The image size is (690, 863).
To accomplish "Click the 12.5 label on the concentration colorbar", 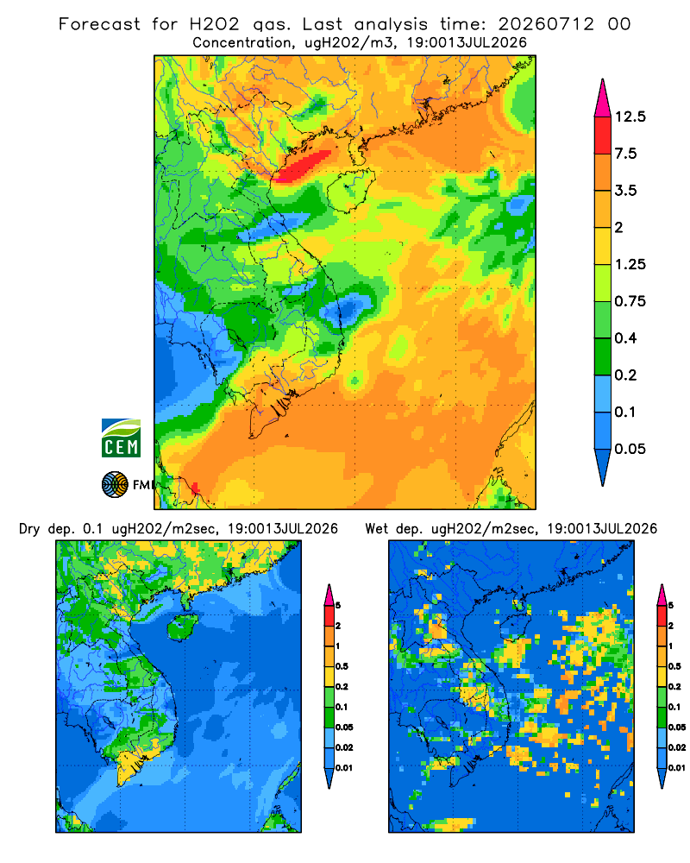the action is pos(630,117).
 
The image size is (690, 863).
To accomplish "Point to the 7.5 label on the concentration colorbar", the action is pos(625,154).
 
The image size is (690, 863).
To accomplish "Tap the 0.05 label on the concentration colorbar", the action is pos(630,449).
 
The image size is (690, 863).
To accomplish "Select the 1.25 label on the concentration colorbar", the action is pos(630,264).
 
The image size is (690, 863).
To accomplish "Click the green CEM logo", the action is pos(121,438).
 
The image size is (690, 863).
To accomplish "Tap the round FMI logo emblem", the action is pos(115,484).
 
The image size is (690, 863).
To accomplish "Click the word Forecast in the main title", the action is pos(99,24).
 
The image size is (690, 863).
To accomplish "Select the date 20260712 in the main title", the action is pos(546,24).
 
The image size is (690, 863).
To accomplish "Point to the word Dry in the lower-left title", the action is pos(29,529).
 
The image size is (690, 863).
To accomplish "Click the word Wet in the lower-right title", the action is pos(376,529).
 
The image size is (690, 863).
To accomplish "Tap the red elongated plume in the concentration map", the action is pos(304,165).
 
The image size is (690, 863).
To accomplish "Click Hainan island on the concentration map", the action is pos(351,190).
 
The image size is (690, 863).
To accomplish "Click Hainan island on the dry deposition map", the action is pos(182,627).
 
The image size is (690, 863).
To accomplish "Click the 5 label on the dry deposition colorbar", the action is pos(338,606).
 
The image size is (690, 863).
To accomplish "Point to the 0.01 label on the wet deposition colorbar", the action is pos(677,768).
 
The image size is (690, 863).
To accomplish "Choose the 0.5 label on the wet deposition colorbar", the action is pos(674,666).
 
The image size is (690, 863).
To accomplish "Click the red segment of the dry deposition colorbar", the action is pos(329,615).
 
